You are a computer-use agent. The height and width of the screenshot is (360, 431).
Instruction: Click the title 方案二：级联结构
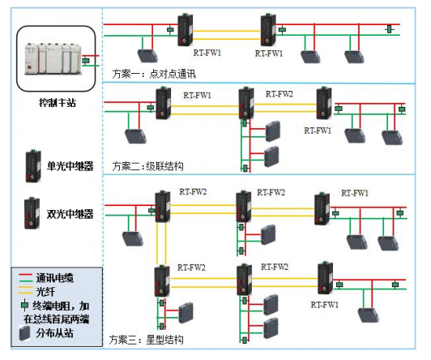tap(147, 166)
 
